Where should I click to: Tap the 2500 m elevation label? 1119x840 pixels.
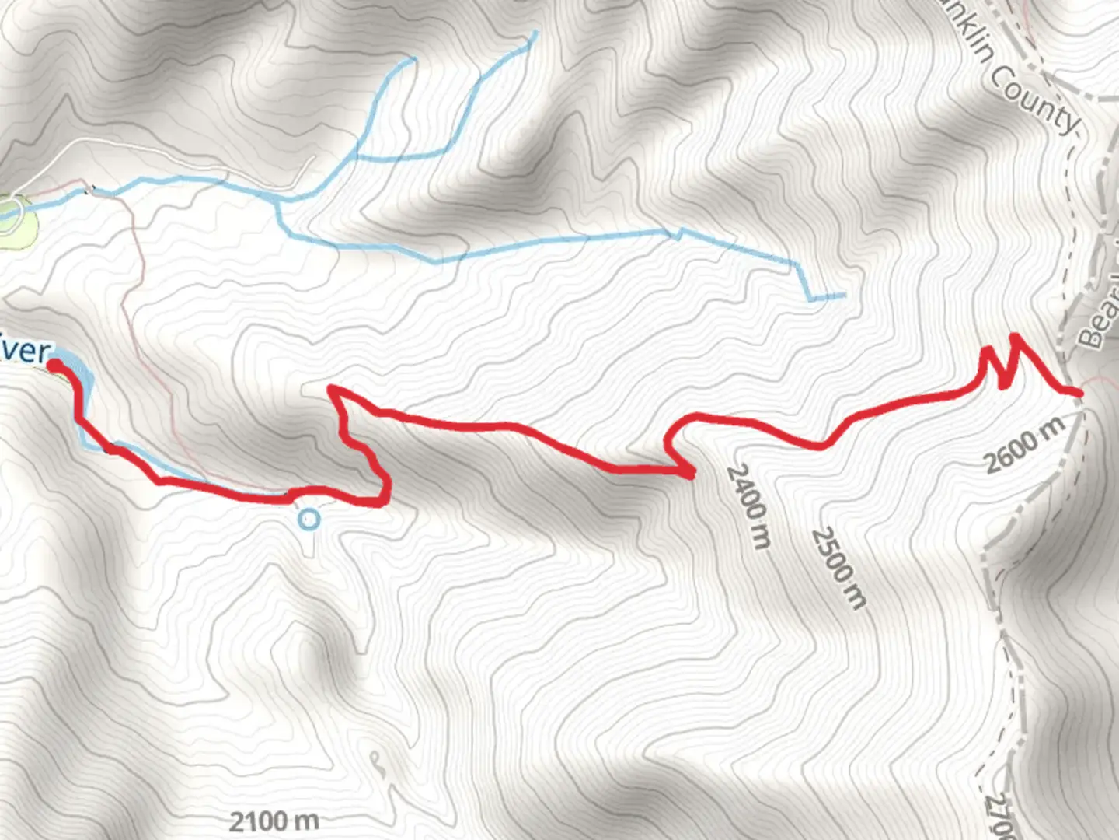838,568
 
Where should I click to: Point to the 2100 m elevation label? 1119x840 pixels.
274,821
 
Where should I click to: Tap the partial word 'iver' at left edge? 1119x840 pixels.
25,351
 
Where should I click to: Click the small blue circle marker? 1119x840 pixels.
309,519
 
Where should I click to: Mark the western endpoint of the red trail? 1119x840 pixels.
55,364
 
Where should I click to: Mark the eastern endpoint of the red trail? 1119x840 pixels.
1079,393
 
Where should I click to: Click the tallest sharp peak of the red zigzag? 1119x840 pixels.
1015,336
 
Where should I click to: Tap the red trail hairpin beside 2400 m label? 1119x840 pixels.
688,472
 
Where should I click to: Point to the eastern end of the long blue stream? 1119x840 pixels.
843,295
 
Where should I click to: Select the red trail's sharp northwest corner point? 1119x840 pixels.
332,387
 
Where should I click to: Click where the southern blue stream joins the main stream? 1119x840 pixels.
278,201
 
